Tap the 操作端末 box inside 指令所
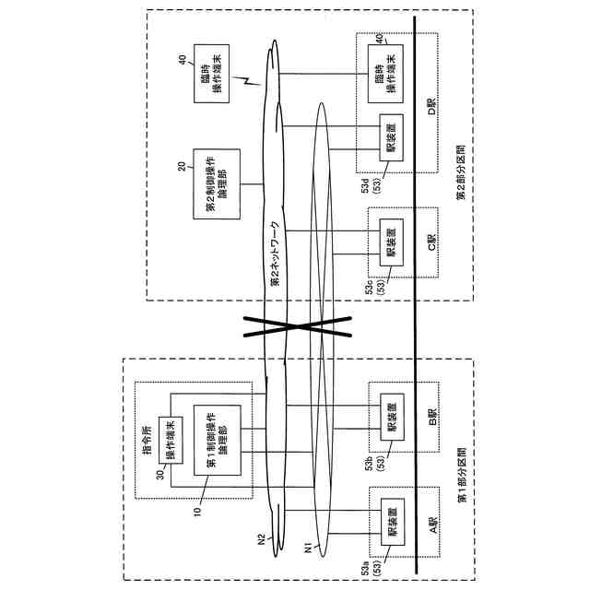[x=172, y=440]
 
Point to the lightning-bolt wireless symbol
[x=246, y=84]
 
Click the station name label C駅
[x=430, y=242]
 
